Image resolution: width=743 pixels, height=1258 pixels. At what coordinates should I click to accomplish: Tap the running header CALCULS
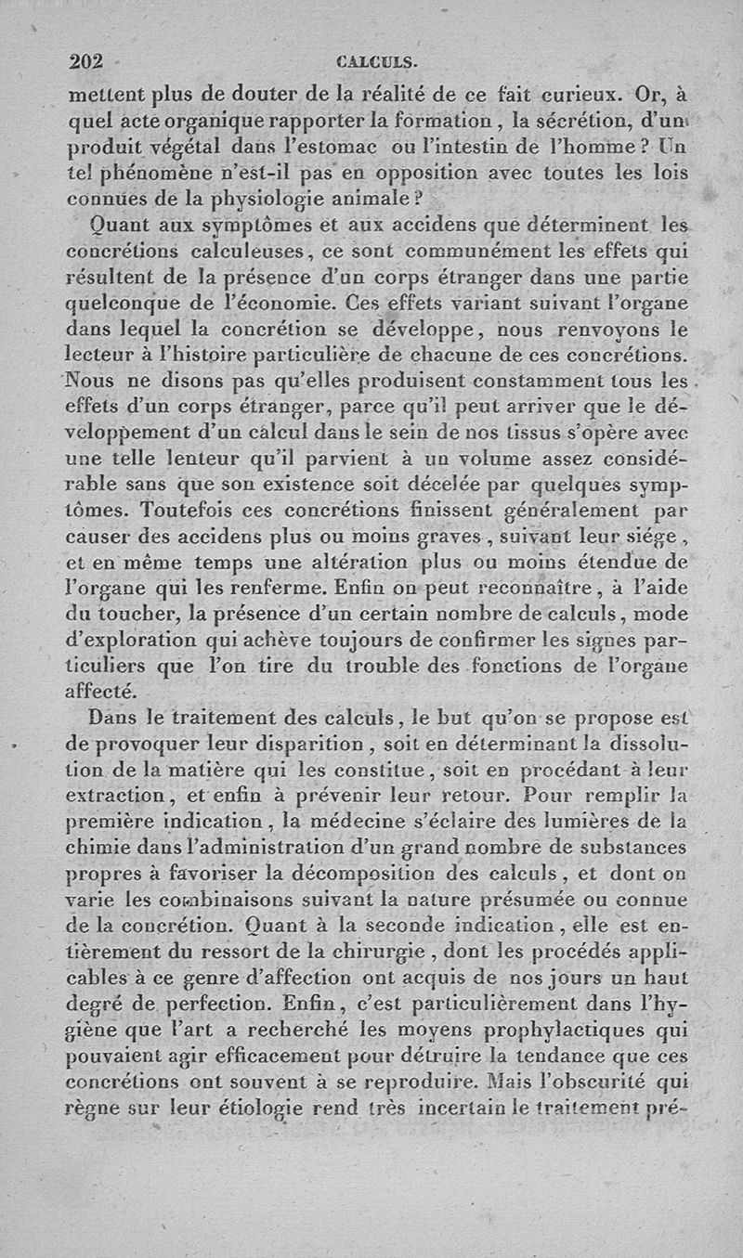pyautogui.click(x=377, y=64)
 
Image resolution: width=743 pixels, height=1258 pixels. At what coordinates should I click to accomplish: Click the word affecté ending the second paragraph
pyautogui.click(x=105, y=691)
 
